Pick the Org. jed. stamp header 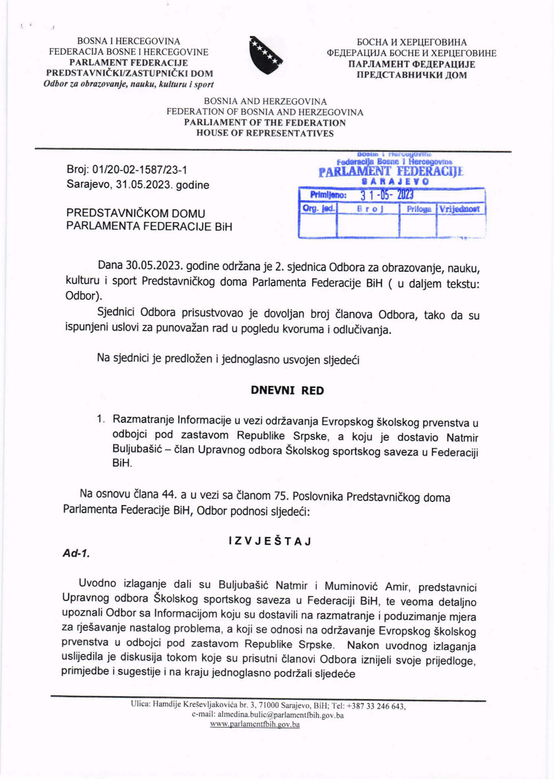pyautogui.click(x=318, y=209)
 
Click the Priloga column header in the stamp pyautogui.click(x=419, y=209)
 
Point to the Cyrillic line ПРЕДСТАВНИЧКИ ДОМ pyautogui.click(x=411, y=75)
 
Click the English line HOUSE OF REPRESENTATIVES pyautogui.click(x=265, y=133)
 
